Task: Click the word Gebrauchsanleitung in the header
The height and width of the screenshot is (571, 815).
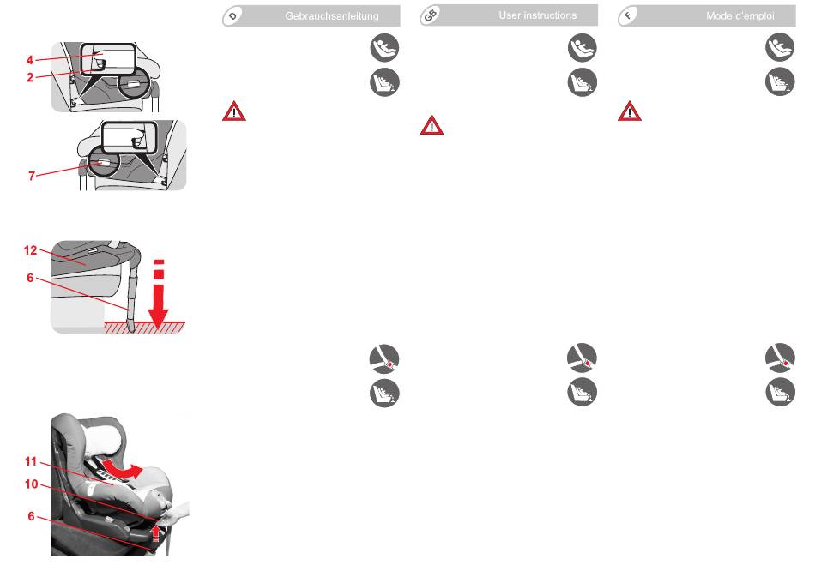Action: click(332, 16)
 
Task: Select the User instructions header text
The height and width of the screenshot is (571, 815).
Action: click(537, 15)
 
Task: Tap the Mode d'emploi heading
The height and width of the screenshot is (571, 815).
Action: click(740, 16)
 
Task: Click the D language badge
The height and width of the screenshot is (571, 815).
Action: click(232, 16)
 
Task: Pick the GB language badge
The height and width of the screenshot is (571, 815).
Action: click(430, 16)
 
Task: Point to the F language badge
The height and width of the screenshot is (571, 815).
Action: click(628, 16)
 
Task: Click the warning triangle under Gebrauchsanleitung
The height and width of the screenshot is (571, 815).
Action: click(234, 111)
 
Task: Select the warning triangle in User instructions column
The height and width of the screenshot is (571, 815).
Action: click(432, 125)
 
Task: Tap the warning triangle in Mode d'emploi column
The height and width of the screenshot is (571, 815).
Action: click(630, 111)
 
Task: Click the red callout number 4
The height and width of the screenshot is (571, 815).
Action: click(30, 60)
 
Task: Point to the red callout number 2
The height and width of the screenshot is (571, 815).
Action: click(30, 77)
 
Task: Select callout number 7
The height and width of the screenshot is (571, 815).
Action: click(32, 176)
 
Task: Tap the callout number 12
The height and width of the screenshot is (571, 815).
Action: click(30, 250)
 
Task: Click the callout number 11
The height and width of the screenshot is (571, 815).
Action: click(31, 461)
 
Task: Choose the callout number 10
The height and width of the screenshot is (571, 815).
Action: click(31, 484)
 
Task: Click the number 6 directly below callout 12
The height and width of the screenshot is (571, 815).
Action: click(30, 278)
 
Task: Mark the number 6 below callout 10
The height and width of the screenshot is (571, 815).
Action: click(31, 516)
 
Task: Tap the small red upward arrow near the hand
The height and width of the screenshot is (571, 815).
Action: click(155, 533)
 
